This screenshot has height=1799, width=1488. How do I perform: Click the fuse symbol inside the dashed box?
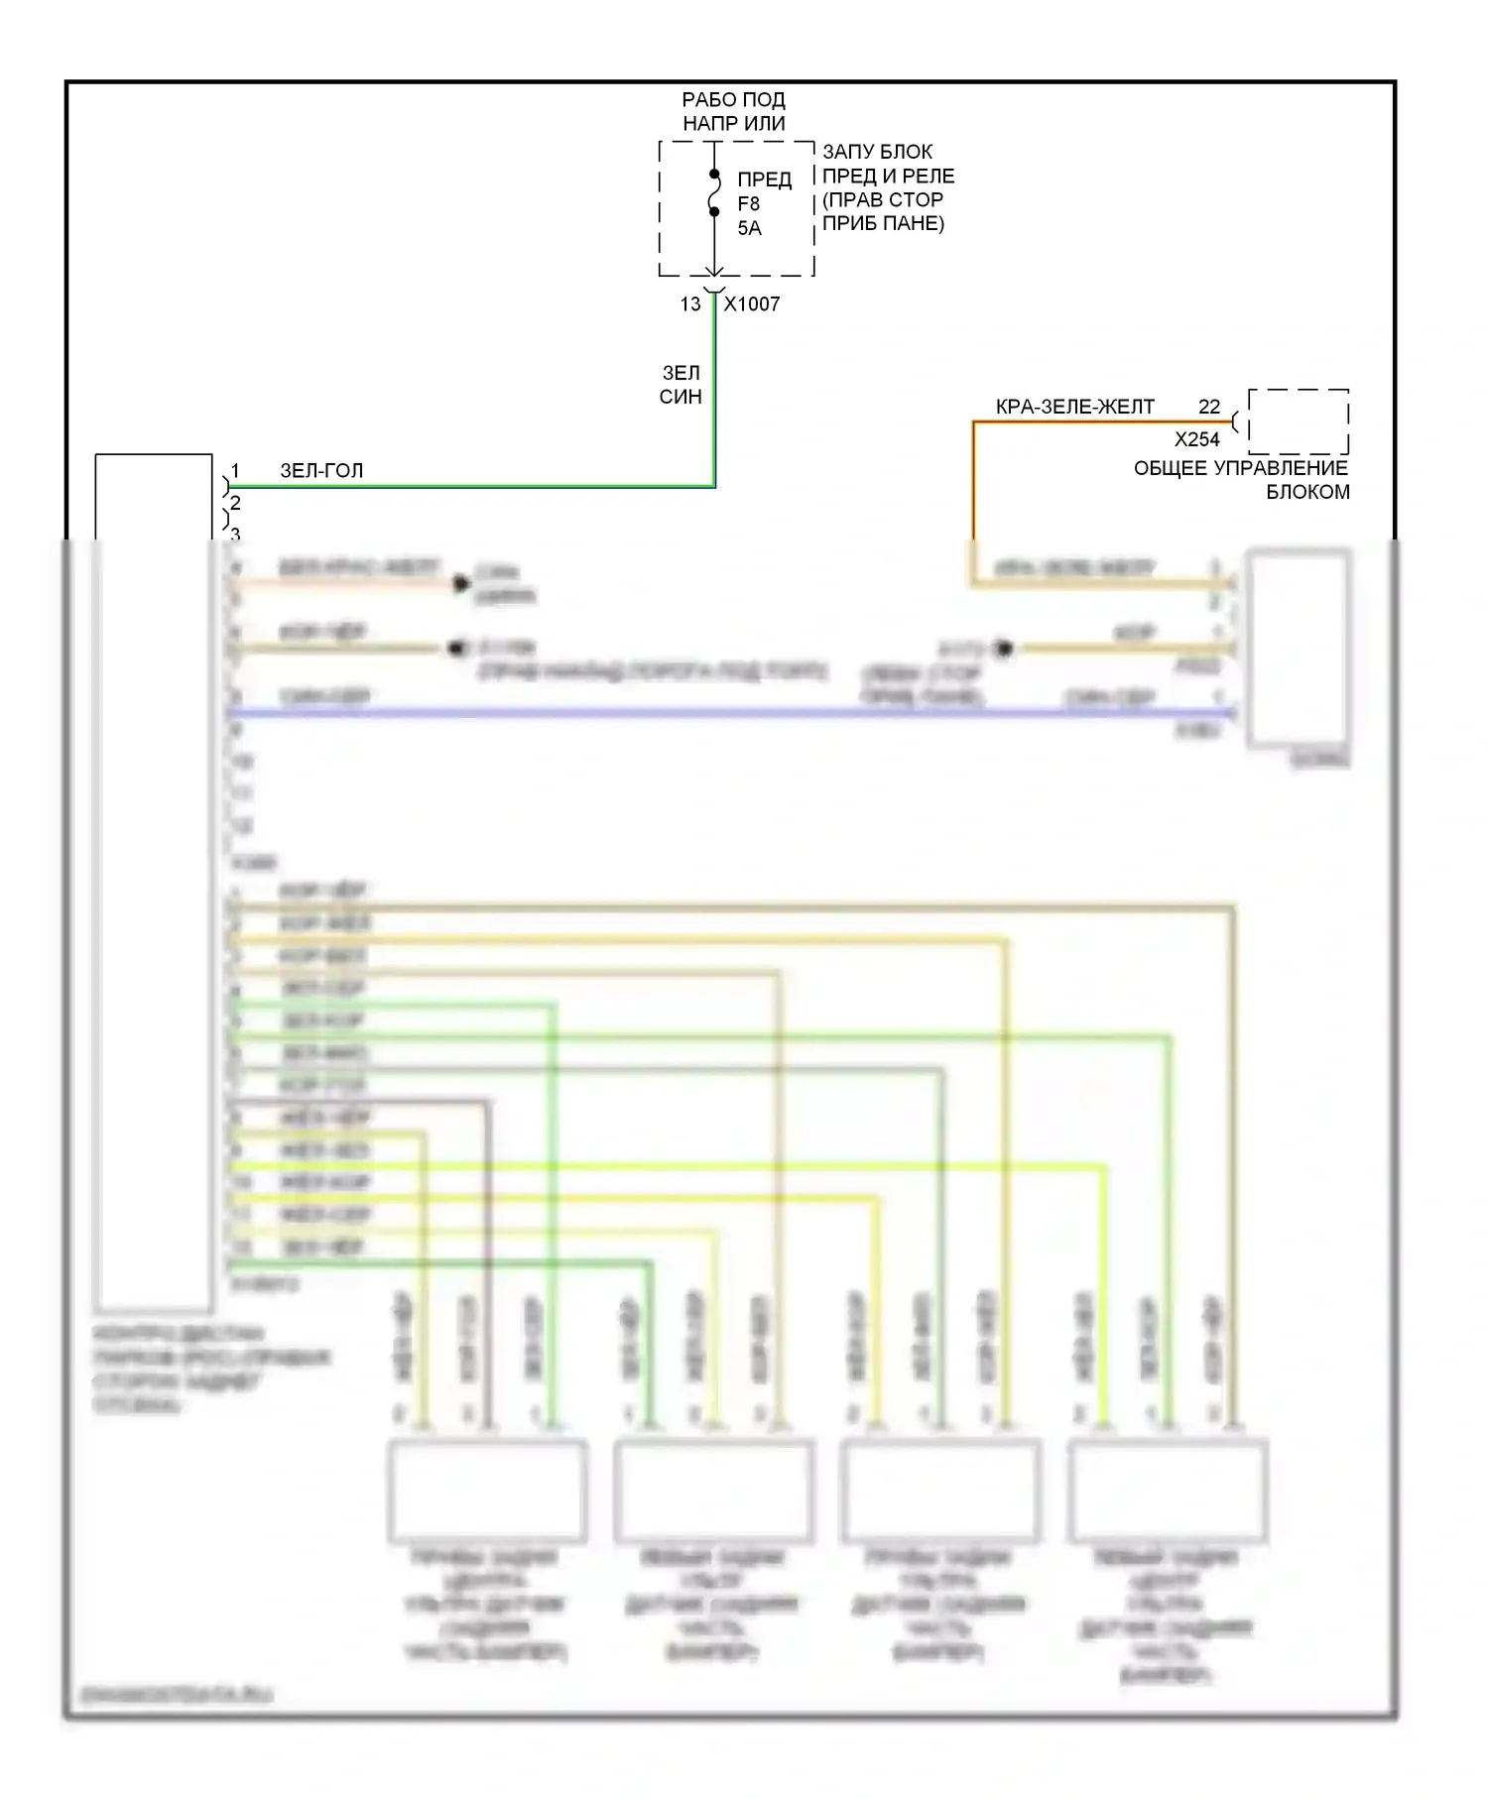[x=714, y=193]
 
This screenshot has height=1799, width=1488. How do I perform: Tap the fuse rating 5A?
[x=749, y=228]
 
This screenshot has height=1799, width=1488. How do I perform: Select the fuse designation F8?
[x=748, y=203]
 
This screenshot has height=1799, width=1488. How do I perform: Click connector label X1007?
[x=751, y=304]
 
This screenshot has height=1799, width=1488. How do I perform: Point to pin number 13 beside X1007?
[x=690, y=304]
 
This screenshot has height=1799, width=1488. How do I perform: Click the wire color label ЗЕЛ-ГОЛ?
[x=321, y=470]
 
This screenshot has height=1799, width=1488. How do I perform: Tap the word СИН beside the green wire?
[x=681, y=397]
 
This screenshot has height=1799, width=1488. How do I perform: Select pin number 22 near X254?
[x=1209, y=407]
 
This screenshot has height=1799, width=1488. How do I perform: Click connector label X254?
[x=1196, y=439]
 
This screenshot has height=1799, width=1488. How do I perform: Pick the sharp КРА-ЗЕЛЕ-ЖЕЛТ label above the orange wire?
[x=1074, y=407]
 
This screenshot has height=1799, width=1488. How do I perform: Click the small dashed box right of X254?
[x=1298, y=421]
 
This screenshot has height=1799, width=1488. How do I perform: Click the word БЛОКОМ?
[x=1307, y=492]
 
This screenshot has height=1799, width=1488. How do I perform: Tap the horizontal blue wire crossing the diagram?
[x=694, y=712]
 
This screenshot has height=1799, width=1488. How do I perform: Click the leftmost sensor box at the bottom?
[x=486, y=1491]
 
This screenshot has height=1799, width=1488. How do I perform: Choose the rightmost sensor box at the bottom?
[x=1167, y=1491]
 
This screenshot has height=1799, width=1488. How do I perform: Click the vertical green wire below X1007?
[x=714, y=397]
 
